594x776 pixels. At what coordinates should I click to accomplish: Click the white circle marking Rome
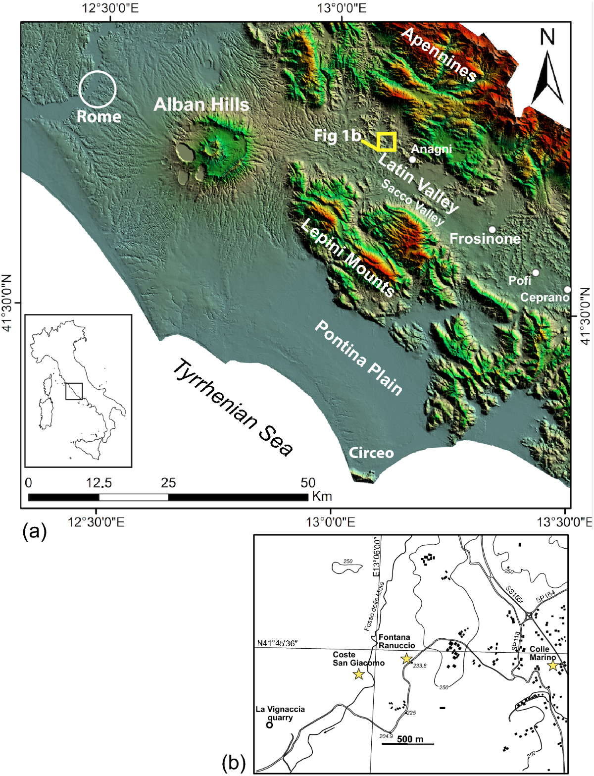pyautogui.click(x=98, y=89)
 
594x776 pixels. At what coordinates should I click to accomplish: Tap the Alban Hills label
pyautogui.click(x=201, y=104)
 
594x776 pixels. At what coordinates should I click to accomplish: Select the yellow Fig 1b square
pyautogui.click(x=386, y=142)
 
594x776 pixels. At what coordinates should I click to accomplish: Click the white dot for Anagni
pyautogui.click(x=412, y=159)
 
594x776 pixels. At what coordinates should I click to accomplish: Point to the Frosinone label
pyautogui.click(x=485, y=239)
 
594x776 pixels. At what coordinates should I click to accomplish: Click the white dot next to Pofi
pyautogui.click(x=536, y=273)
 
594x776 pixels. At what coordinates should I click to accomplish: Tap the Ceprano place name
pyautogui.click(x=544, y=297)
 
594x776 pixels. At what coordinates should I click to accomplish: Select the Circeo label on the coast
pyautogui.click(x=371, y=453)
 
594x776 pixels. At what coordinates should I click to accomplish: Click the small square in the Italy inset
pyautogui.click(x=74, y=391)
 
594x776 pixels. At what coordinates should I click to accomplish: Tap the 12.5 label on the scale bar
pyautogui.click(x=99, y=483)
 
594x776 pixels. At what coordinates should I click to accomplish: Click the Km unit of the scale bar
pyautogui.click(x=322, y=496)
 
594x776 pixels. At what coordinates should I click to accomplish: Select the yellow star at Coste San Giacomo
pyautogui.click(x=359, y=674)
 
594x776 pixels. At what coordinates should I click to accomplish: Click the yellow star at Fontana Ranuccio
pyautogui.click(x=406, y=659)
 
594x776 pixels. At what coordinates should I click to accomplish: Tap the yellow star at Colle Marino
pyautogui.click(x=552, y=666)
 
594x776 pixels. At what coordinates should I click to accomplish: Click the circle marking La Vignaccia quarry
pyautogui.click(x=270, y=725)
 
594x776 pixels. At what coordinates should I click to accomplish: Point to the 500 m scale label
pyautogui.click(x=410, y=739)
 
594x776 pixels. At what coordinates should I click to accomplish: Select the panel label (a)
pyautogui.click(x=35, y=532)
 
